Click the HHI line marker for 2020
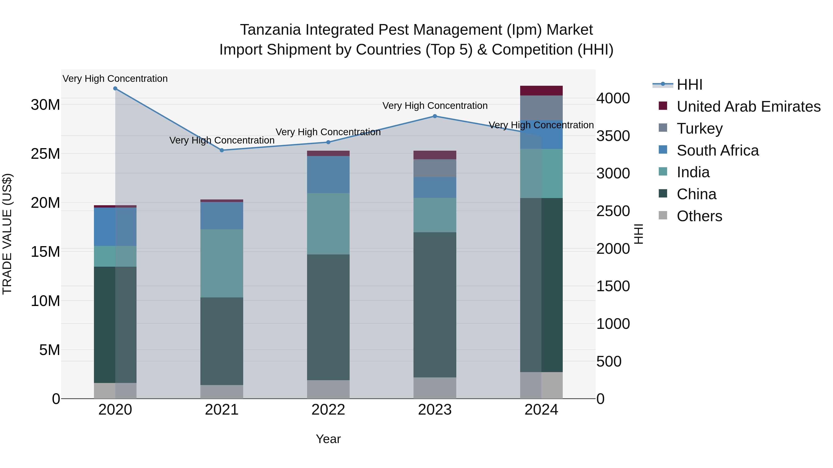[x=115, y=89]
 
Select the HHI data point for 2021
[x=222, y=150]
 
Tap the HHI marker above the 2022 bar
[x=328, y=142]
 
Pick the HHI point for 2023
[x=435, y=116]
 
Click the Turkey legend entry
[x=699, y=128]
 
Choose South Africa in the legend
[x=717, y=150]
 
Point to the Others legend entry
[x=699, y=216]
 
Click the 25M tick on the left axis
[x=45, y=154]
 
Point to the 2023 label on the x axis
[x=435, y=410]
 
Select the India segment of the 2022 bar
[x=328, y=223]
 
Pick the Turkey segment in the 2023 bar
[x=435, y=168]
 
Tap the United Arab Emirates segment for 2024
[x=541, y=91]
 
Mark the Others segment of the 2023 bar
[x=435, y=388]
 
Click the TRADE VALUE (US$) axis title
[x=7, y=234]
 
